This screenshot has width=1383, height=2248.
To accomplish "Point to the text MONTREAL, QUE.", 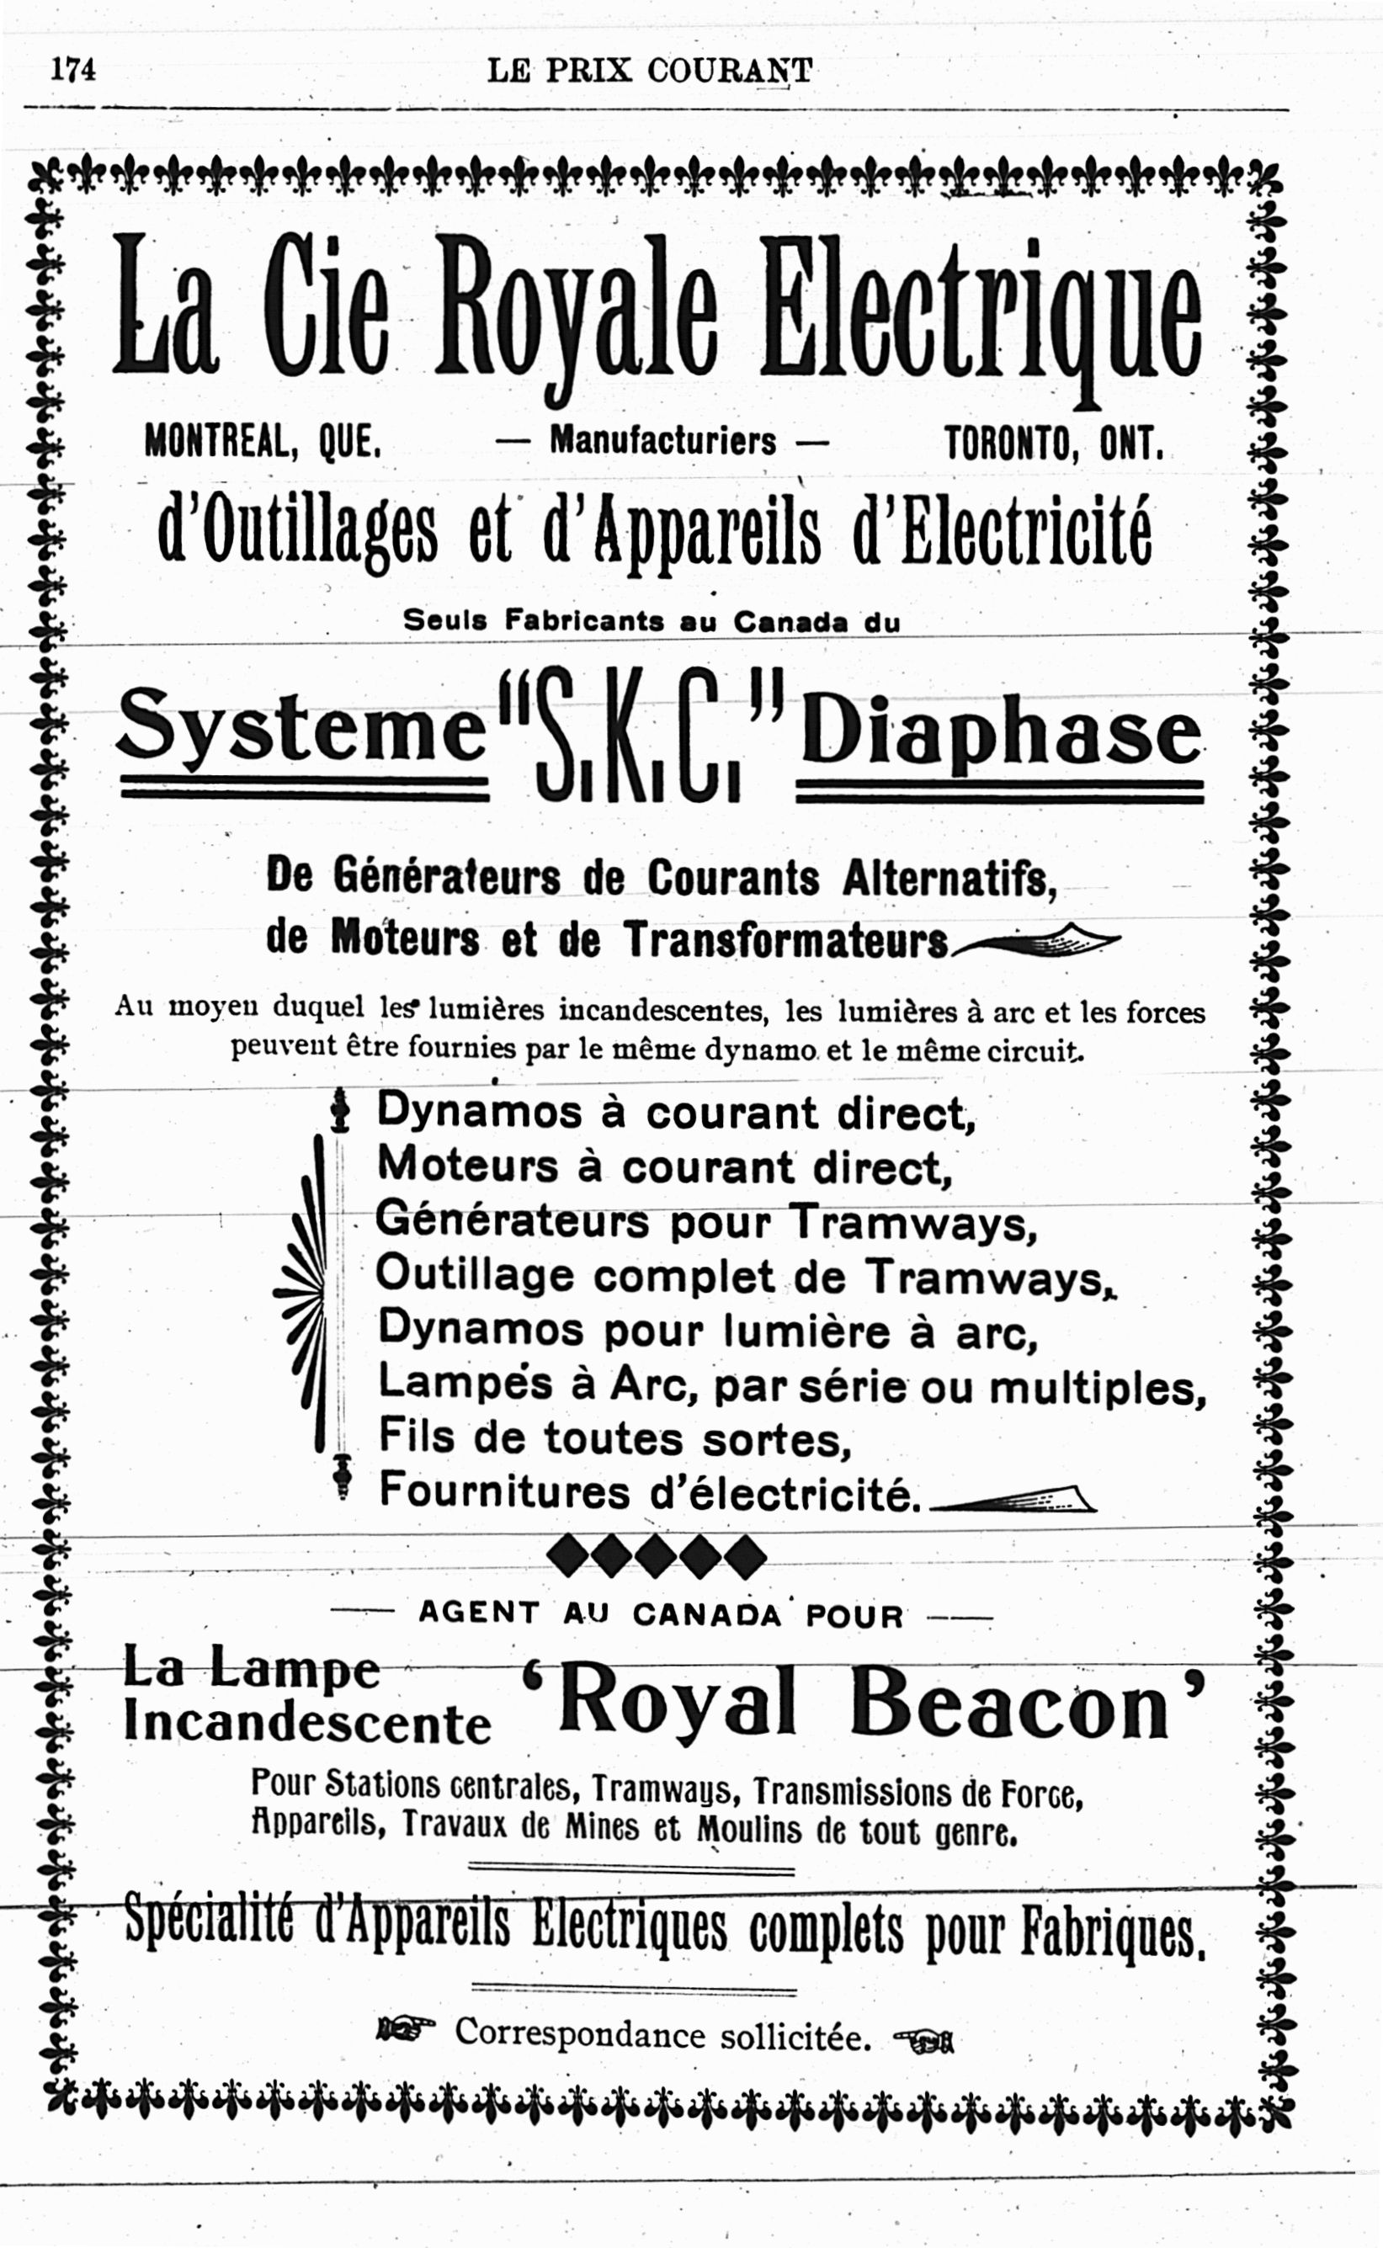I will click(x=263, y=444).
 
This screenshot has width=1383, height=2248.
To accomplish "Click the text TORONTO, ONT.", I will click(x=1055, y=444).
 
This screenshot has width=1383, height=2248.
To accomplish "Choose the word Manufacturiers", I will click(x=662, y=442).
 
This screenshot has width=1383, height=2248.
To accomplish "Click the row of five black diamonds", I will click(x=655, y=1556).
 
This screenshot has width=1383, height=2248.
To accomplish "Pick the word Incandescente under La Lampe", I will click(x=307, y=1723).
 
